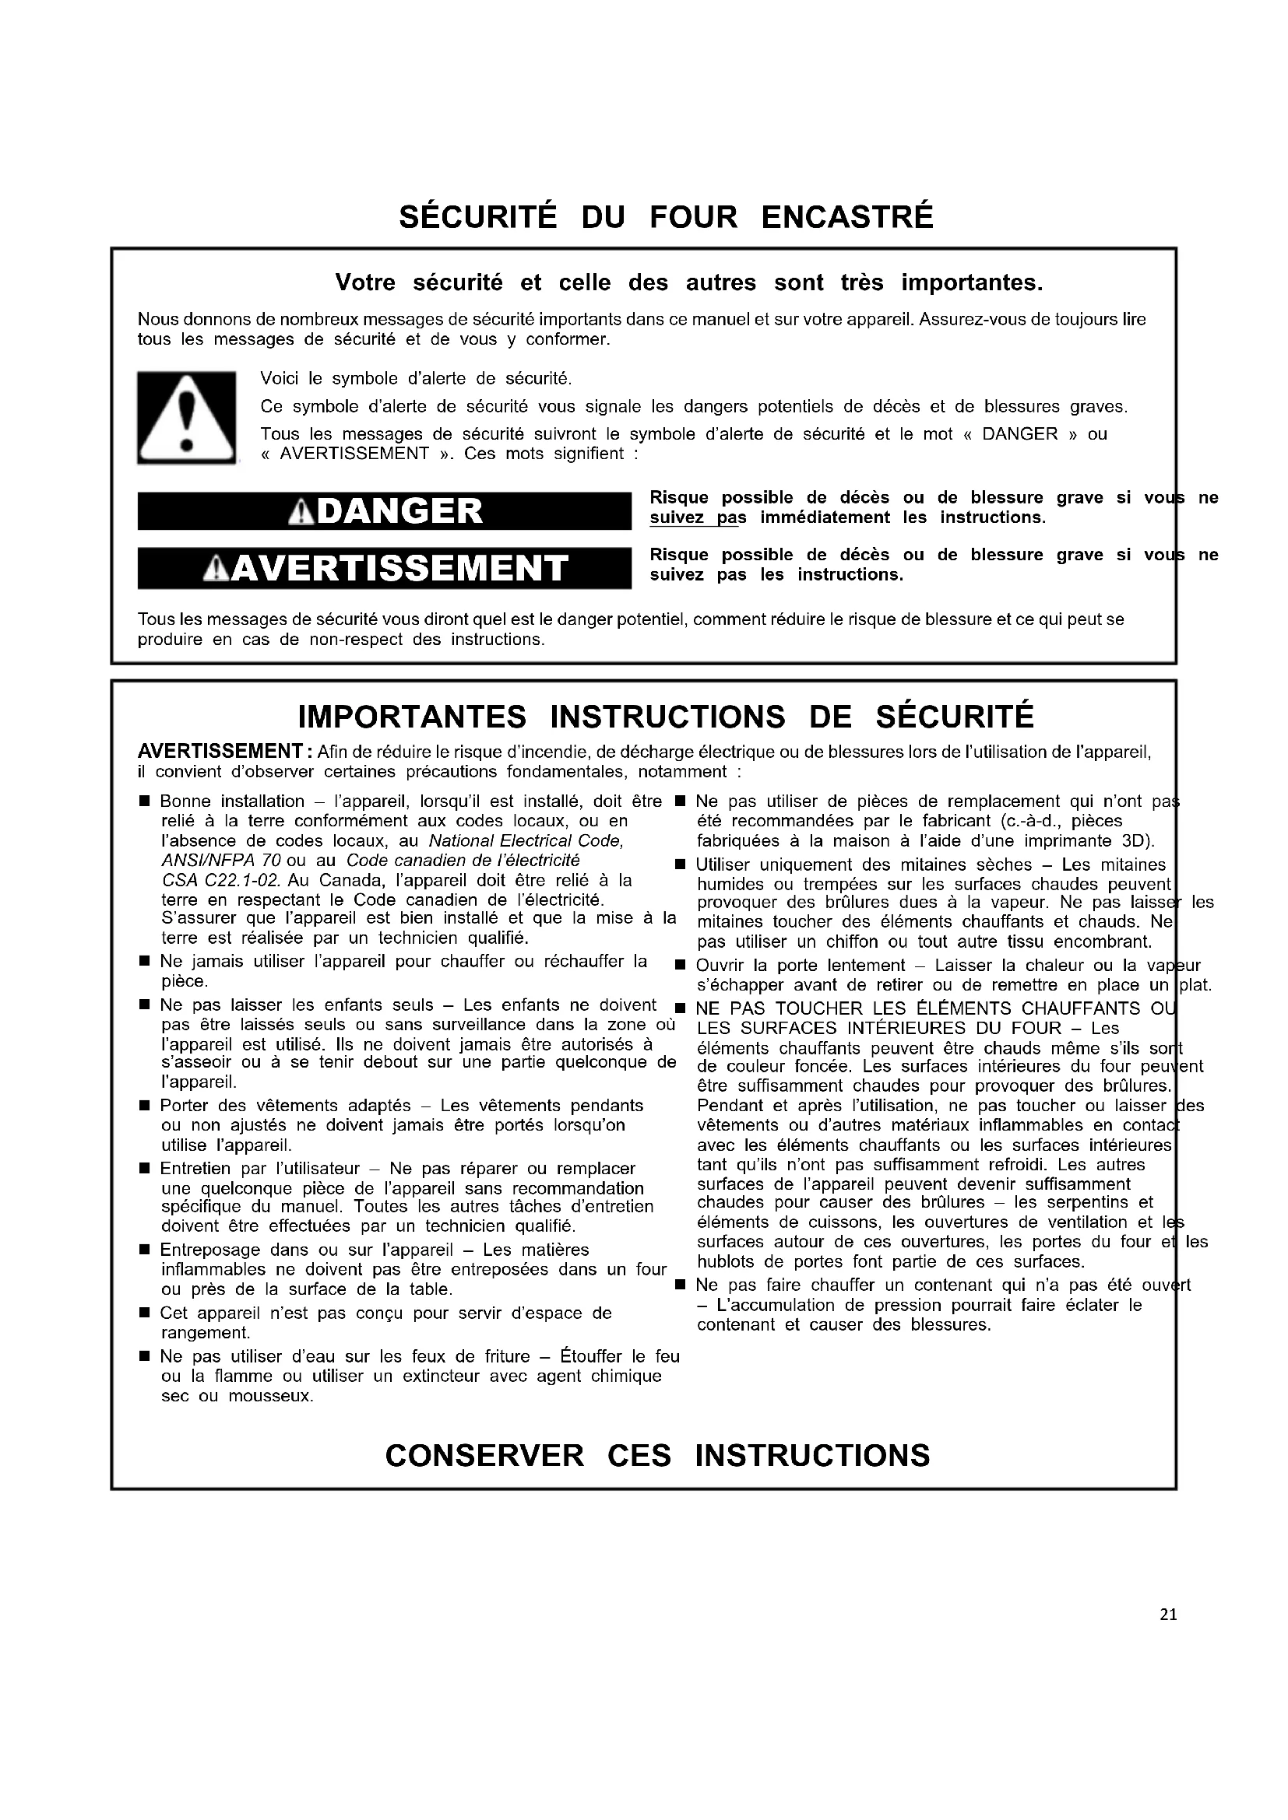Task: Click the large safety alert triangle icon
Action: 186,417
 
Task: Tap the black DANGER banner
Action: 385,510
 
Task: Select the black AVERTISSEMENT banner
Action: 385,567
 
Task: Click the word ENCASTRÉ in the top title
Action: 847,217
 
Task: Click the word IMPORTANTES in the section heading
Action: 412,717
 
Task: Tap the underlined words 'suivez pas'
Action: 698,517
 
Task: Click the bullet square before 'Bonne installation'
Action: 144,802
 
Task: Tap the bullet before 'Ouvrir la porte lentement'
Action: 680,966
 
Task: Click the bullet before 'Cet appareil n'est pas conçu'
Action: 144,1313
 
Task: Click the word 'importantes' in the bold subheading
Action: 972,282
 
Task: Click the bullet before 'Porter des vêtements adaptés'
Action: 144,1106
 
